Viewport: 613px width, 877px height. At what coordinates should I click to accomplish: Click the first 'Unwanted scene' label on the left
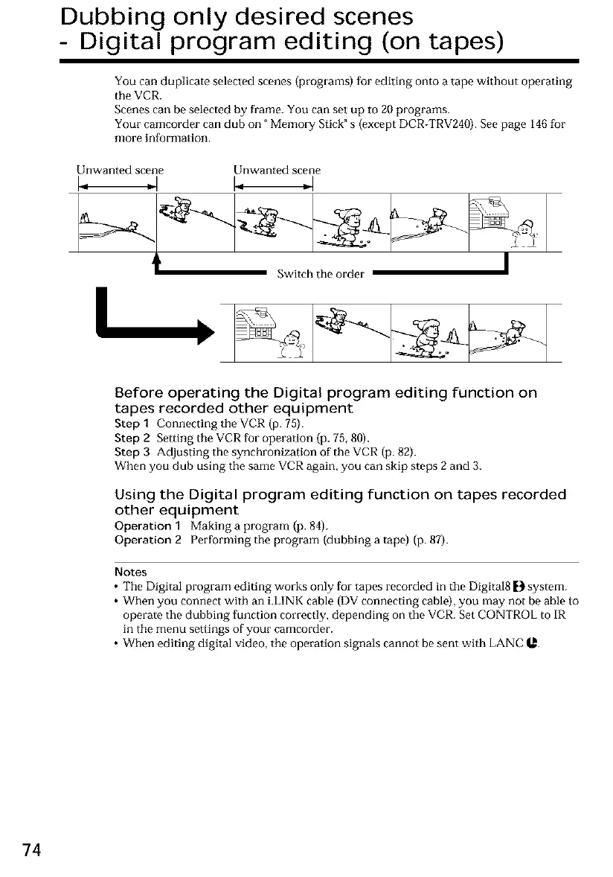click(120, 170)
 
